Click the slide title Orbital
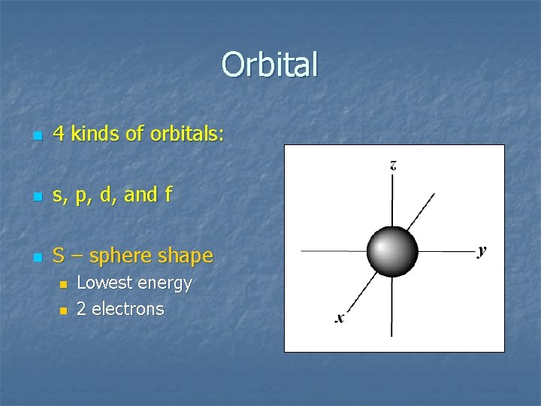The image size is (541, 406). [x=270, y=65]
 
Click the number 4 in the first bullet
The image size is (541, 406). [x=59, y=135]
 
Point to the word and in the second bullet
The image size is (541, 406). [x=141, y=195]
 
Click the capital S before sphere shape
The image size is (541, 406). [x=59, y=256]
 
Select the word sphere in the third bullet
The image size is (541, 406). [x=120, y=256]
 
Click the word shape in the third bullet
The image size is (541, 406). [x=186, y=256]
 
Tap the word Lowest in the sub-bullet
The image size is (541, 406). [x=102, y=283]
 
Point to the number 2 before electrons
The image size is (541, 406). [x=82, y=309]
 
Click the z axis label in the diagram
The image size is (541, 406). [x=393, y=165]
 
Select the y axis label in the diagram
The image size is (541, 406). [x=482, y=251]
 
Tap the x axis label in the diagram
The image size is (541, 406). [x=340, y=318]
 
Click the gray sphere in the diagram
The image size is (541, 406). [x=391, y=250]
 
